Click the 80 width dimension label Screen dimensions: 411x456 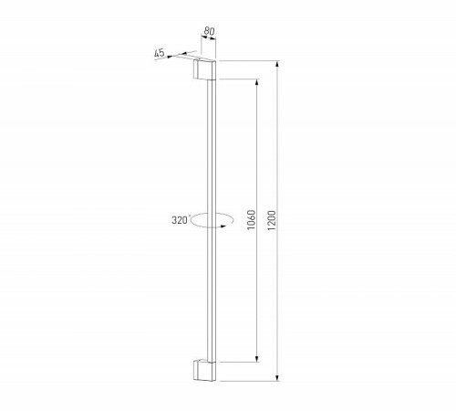[209, 32]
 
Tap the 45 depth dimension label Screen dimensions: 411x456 [161, 54]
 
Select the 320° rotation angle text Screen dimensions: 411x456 [179, 220]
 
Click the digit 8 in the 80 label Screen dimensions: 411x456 [206, 32]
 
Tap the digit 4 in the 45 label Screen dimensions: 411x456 [158, 54]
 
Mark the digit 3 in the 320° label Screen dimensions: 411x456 [173, 220]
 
